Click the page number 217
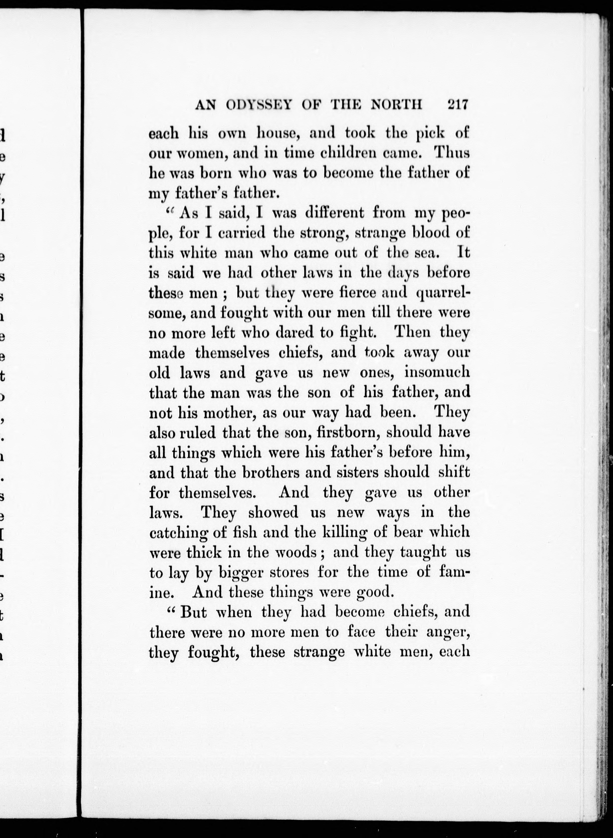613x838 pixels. pyautogui.click(x=458, y=105)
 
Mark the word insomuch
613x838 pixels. pyautogui.click(x=437, y=372)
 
